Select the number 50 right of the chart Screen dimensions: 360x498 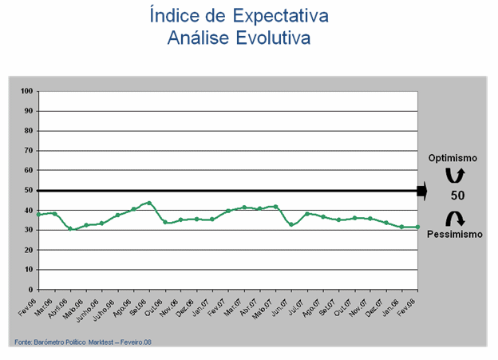pyautogui.click(x=457, y=196)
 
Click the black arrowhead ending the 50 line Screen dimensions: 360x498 pyautogui.click(x=422, y=191)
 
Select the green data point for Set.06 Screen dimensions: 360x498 pyautogui.click(x=149, y=203)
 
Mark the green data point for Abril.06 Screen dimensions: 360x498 pyautogui.click(x=70, y=229)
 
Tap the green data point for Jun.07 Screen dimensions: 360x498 pyautogui.click(x=291, y=224)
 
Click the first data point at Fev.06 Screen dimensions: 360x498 pyautogui.click(x=39, y=214)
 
